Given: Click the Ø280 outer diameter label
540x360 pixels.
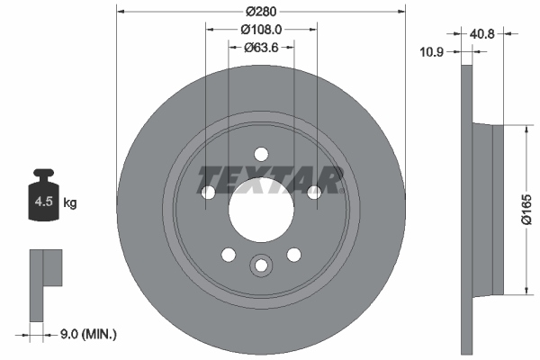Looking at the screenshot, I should tap(261, 11).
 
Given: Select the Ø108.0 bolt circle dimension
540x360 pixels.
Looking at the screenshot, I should tap(261, 29).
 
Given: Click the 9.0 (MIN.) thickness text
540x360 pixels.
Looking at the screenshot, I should tap(87, 334).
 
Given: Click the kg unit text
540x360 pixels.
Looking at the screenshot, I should tap(70, 203).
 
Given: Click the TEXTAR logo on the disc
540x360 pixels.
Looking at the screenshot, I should tap(270, 180).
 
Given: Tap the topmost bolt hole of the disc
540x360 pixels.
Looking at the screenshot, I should tap(261, 153).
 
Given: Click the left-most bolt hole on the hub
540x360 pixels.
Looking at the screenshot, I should tap(208, 192).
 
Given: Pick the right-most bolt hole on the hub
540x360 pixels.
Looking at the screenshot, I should tap(314, 192).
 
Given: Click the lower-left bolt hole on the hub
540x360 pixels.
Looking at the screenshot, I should tap(229, 254).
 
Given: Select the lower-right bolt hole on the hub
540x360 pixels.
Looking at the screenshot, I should tap(293, 254).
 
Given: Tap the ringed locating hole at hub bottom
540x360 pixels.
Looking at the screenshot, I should tap(261, 265).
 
